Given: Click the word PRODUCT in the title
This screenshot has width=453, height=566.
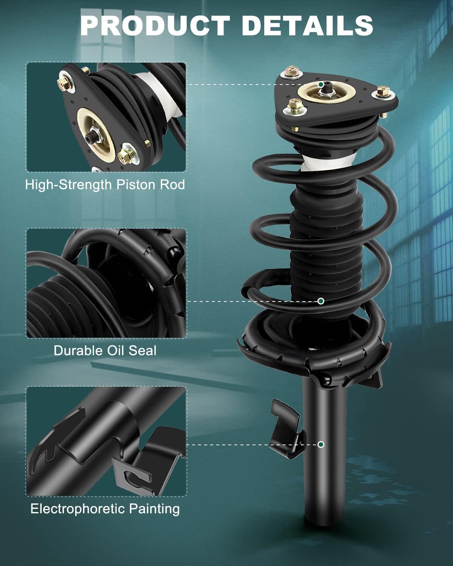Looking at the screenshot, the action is [x=155, y=25].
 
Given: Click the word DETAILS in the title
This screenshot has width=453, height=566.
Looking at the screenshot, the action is [x=307, y=25].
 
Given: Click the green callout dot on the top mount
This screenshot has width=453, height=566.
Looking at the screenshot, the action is [x=321, y=85].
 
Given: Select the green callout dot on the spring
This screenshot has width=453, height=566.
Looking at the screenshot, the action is [x=320, y=301].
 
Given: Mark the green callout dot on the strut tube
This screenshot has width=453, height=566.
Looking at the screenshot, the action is [x=320, y=444].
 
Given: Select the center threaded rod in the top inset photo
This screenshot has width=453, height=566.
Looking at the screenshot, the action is [x=92, y=136].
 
